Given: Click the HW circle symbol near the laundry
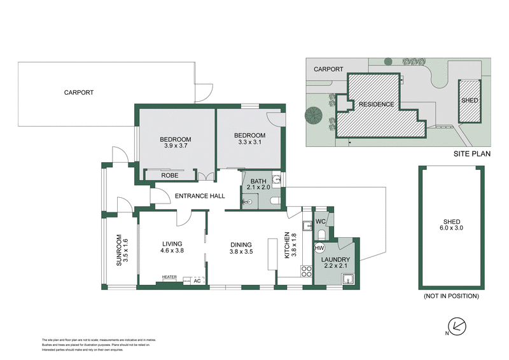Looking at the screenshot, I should pos(320,247).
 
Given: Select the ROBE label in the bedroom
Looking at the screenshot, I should pos(169,175).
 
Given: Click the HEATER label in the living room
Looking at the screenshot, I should pos(169,277).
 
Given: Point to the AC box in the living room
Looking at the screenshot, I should pos(197,280).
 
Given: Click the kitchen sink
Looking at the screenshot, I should pos(307,225).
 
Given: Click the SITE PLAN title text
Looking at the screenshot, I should pos(471,154).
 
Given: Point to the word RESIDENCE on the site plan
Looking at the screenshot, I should pos(376,104).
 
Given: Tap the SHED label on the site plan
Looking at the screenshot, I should pos(470,101).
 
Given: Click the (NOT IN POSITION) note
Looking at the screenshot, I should pos(450,296).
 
